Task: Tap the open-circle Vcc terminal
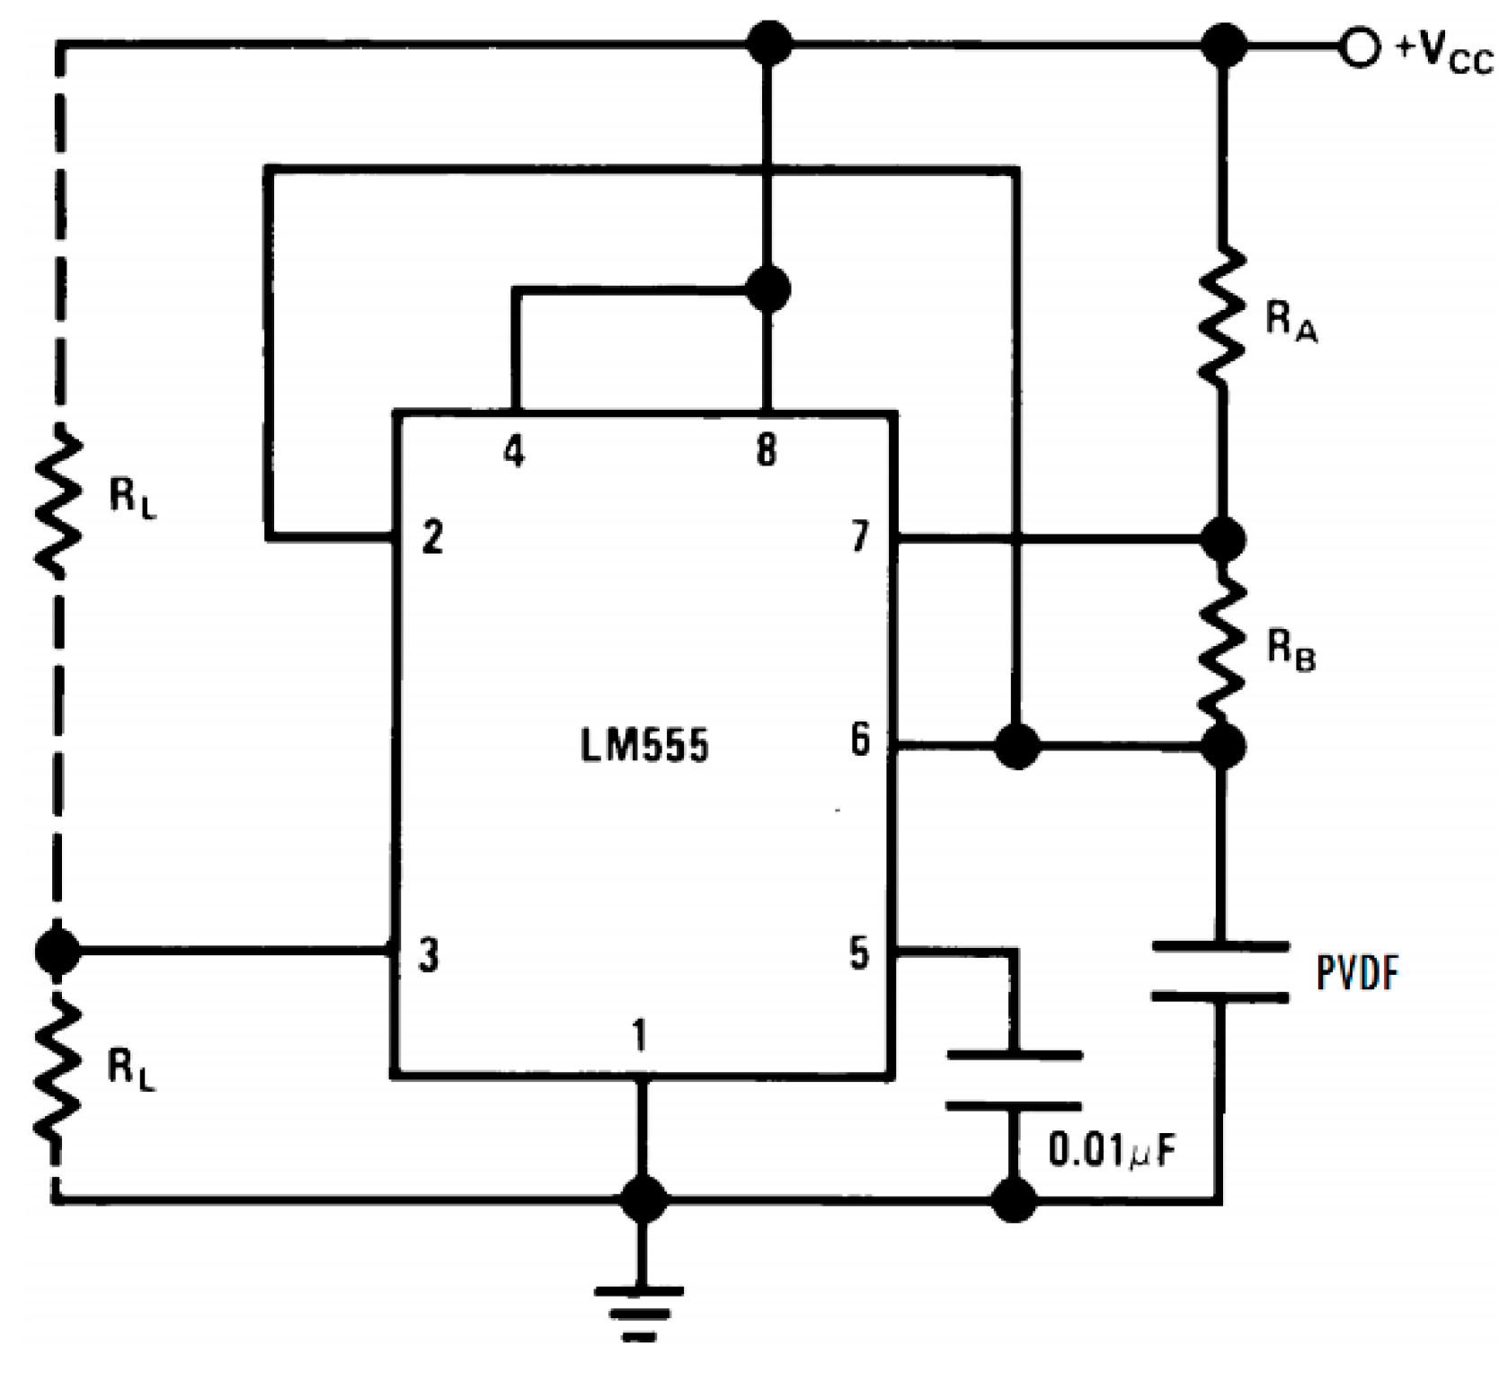[x=1359, y=46]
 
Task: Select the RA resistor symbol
[x=1222, y=314]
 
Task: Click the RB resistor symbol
[x=1222, y=642]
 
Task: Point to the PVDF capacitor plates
[x=1220, y=970]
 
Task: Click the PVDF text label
[x=1357, y=973]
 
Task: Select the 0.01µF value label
[x=1112, y=1151]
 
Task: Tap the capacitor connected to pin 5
[x=1015, y=1080]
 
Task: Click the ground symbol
[x=639, y=1313]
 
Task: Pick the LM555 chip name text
[x=644, y=746]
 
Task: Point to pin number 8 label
[x=766, y=449]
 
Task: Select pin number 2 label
[x=432, y=537]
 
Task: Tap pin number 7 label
[x=860, y=536]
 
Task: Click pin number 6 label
[x=860, y=740]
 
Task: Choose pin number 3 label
[x=430, y=954]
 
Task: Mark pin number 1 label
[x=639, y=1036]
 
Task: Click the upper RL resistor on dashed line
[x=58, y=503]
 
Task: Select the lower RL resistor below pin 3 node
[x=58, y=1069]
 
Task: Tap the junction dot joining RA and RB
[x=1222, y=539]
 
